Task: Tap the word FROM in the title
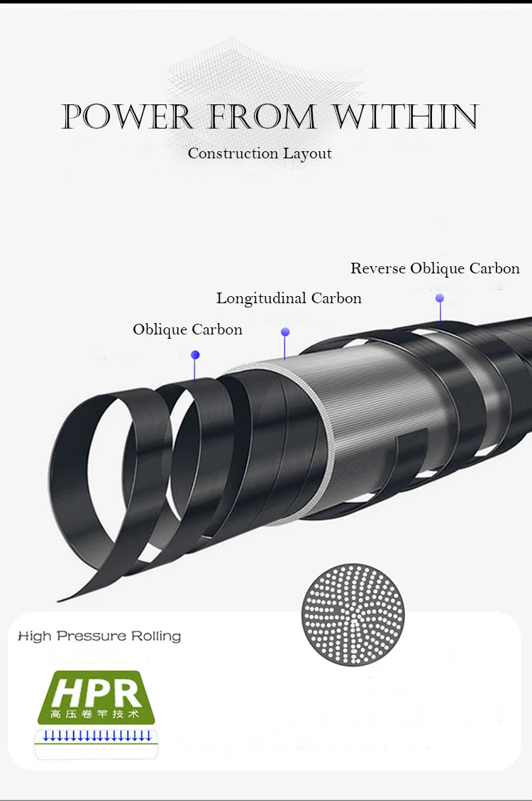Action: (262, 117)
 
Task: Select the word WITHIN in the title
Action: (406, 117)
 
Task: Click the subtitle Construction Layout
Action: (260, 153)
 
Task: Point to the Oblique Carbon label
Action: (187, 329)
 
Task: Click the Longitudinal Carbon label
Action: (289, 298)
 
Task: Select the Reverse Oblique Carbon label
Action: (435, 268)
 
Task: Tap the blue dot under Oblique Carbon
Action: (195, 354)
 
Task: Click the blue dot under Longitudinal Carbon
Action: (285, 332)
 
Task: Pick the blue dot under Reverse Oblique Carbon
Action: (440, 298)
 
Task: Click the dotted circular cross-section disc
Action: (353, 614)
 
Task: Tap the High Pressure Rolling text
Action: (99, 636)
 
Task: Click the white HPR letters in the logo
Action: (95, 690)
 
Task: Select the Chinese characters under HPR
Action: (95, 713)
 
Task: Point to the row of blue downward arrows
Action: (97, 734)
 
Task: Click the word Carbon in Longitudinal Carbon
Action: (336, 298)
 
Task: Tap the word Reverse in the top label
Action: (378, 268)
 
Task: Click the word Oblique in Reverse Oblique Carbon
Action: (438, 268)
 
